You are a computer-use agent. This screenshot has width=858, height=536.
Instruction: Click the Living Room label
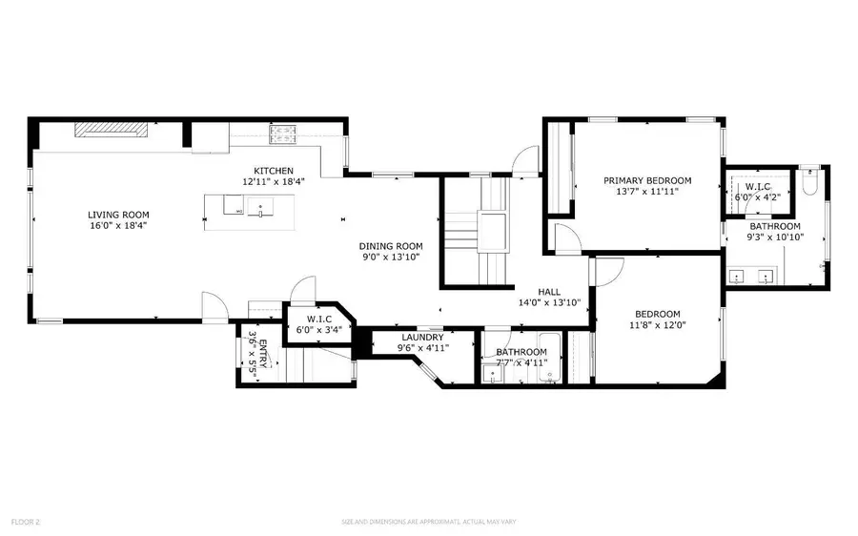(118, 215)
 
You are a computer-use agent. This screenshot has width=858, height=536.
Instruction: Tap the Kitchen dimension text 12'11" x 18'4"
(273, 181)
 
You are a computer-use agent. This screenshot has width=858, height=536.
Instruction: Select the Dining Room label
(390, 245)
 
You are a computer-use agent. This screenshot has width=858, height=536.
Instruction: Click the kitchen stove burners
(283, 136)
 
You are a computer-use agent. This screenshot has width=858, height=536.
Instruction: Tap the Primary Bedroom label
(647, 180)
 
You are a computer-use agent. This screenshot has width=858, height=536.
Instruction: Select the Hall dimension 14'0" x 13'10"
(548, 302)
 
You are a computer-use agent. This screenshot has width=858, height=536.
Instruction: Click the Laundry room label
(421, 337)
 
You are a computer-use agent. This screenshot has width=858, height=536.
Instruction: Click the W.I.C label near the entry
(317, 319)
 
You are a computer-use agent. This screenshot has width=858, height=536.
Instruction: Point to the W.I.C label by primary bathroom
(758, 187)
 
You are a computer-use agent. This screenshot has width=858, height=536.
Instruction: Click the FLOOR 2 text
(25, 522)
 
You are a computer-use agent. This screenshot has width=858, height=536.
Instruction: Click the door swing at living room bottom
(215, 307)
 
